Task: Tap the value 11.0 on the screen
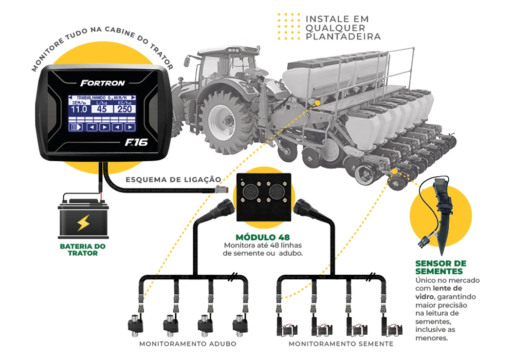click(x=78, y=109)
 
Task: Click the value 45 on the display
click(x=101, y=109)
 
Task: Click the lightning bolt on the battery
click(x=81, y=223)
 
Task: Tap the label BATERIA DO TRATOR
click(x=82, y=250)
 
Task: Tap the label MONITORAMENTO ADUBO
click(x=187, y=344)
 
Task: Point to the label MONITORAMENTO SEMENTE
click(x=341, y=344)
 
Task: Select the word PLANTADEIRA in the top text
click(x=343, y=37)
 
